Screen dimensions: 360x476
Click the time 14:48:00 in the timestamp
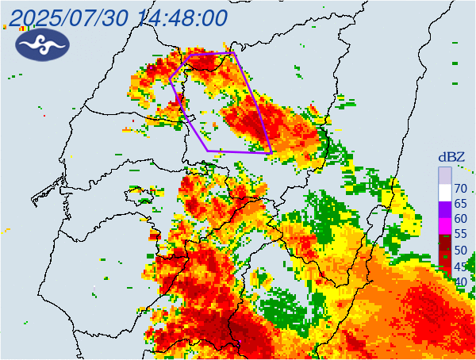click(182, 17)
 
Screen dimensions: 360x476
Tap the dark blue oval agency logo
click(42, 45)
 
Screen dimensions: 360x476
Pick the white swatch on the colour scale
click(444, 191)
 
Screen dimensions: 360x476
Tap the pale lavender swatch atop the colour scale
click(444, 174)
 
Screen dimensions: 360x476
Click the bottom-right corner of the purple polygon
click(271, 152)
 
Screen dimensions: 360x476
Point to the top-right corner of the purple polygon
click(235, 53)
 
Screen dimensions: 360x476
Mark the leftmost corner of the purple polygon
click(170, 79)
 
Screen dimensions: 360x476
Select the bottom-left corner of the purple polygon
click(208, 150)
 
